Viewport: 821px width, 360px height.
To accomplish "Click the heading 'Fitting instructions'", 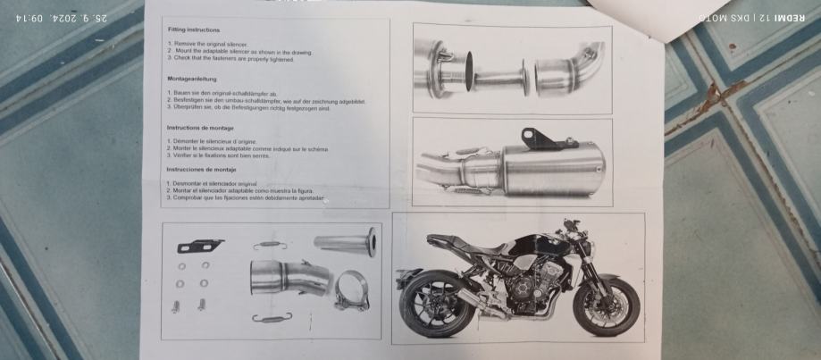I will point(194,30).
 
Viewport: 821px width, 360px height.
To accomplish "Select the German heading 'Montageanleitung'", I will point(191,79).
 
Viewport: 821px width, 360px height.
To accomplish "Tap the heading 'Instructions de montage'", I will point(200,128).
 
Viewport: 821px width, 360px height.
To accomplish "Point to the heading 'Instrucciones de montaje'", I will point(200,169).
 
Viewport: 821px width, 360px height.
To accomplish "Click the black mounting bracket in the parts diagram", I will point(199,245).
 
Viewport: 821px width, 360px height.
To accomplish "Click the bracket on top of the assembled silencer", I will point(533,138).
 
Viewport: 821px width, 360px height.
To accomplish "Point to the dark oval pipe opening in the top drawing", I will point(469,67).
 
